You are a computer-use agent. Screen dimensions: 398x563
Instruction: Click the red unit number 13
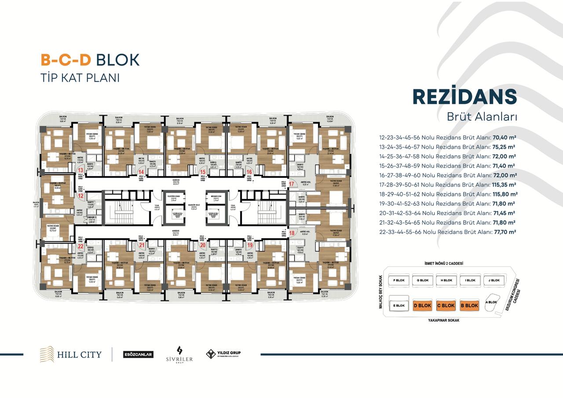coord(80,170)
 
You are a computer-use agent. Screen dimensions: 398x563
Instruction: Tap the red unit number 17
coord(291,184)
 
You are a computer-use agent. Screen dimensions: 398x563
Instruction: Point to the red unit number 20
coord(203,245)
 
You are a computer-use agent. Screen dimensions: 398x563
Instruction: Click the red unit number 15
coord(203,172)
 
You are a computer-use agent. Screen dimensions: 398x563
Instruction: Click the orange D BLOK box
coord(422,305)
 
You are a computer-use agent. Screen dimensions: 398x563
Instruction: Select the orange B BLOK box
coord(469,305)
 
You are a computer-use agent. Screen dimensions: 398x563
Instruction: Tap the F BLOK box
coord(398,280)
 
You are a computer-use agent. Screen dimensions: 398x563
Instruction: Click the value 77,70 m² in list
coord(504,232)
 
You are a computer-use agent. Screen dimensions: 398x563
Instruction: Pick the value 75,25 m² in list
coord(504,147)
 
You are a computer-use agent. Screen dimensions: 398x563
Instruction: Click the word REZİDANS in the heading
coord(464,97)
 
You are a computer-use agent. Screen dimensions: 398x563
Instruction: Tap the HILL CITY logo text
coord(79,354)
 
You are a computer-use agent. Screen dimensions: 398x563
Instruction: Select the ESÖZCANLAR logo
coord(138,354)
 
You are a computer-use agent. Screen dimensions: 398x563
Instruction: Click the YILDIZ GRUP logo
coord(224,354)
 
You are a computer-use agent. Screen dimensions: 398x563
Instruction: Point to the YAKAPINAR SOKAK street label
coord(443,321)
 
